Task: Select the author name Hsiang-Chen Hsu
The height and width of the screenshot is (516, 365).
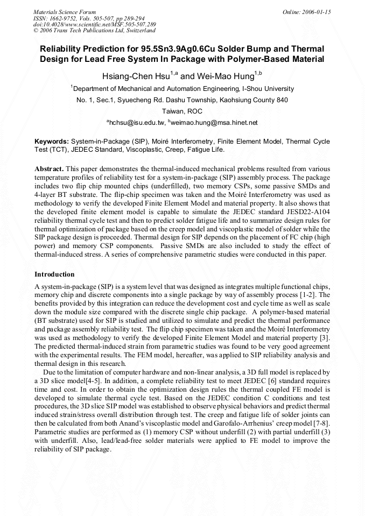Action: click(x=135, y=76)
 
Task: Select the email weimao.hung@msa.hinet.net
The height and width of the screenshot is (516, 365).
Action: click(x=214, y=123)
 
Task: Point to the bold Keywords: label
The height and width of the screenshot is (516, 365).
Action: click(x=52, y=141)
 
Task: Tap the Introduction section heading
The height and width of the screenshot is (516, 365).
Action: click(x=54, y=274)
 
